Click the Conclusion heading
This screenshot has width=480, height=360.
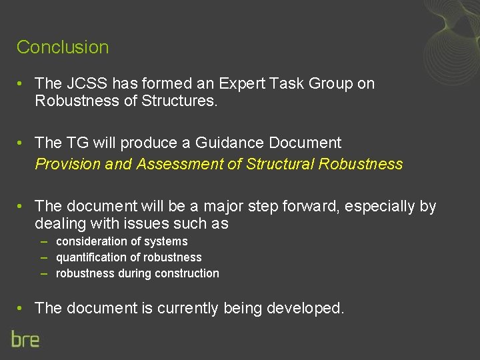pyautogui.click(x=63, y=47)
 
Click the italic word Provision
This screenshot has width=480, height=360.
pyautogui.click(x=68, y=164)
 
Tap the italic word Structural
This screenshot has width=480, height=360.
pyautogui.click(x=281, y=164)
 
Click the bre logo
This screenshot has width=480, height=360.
pyautogui.click(x=25, y=339)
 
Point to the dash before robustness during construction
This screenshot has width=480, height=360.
pyautogui.click(x=44, y=273)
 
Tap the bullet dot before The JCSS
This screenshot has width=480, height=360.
pyautogui.click(x=21, y=84)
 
